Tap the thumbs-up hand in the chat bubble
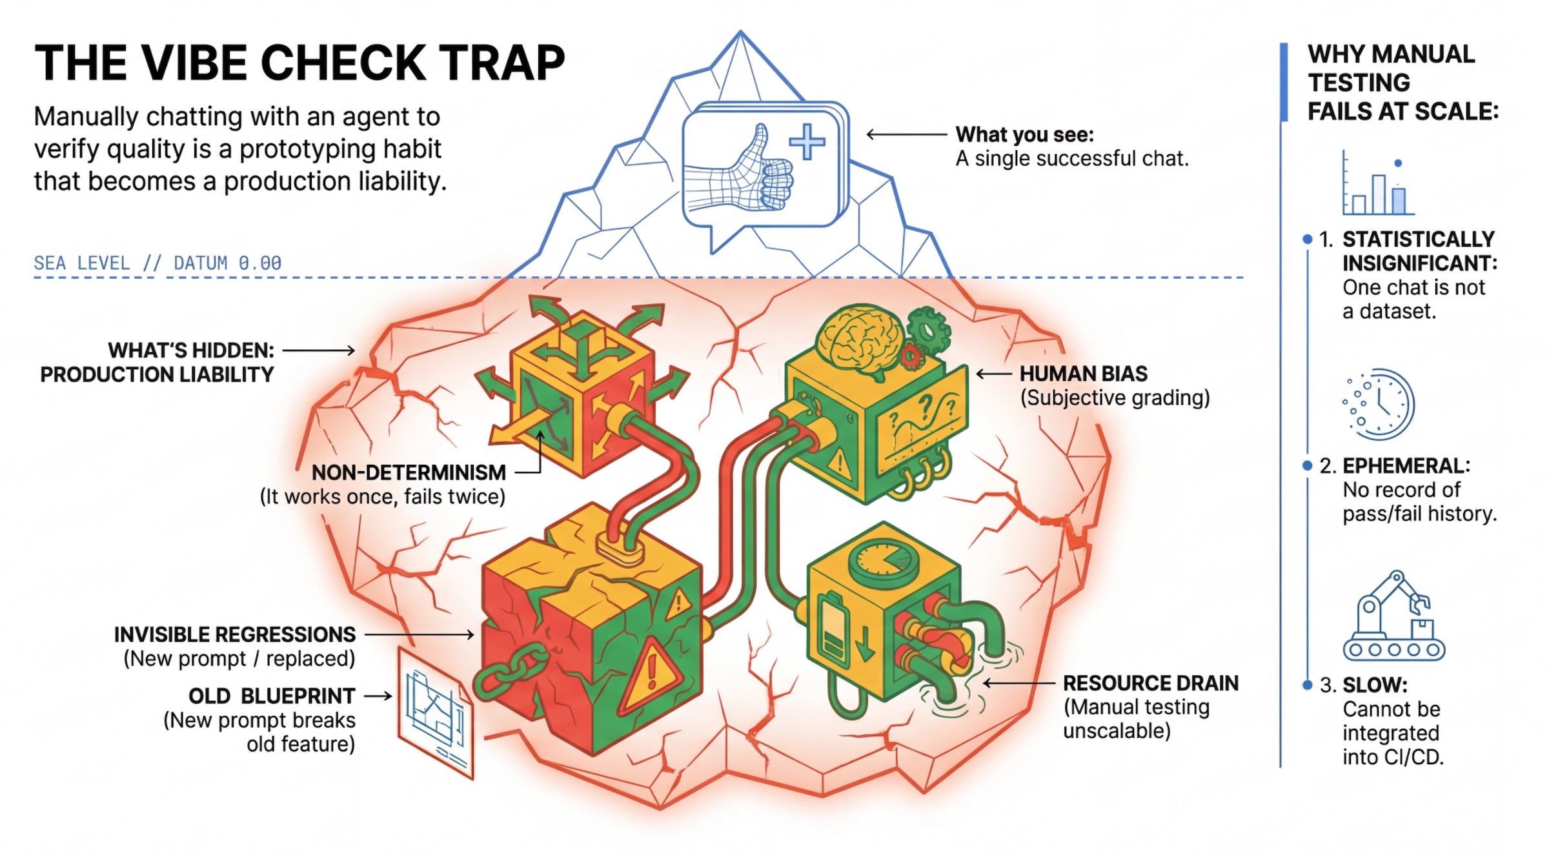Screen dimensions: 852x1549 [742, 171]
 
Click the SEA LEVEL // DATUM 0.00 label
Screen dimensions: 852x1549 [157, 263]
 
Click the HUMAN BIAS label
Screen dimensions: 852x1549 [1083, 374]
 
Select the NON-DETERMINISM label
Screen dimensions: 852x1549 [409, 472]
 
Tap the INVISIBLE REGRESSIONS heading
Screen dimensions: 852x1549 [234, 634]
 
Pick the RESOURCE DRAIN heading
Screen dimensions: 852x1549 [1150, 683]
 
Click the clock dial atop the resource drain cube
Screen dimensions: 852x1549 [884, 560]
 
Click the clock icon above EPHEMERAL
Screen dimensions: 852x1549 [1380, 404]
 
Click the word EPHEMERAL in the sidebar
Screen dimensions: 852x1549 [1406, 466]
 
